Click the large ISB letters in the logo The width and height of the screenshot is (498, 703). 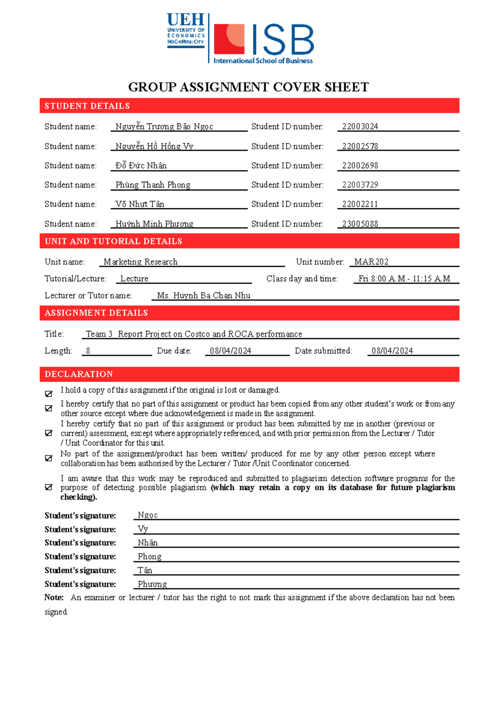tap(283, 40)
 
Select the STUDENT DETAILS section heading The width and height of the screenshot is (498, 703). tap(87, 106)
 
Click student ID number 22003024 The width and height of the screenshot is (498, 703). tap(360, 127)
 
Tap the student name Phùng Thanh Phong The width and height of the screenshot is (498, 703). tap(153, 185)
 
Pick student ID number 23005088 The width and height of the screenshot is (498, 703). tap(360, 224)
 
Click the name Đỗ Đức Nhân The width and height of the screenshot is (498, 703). tap(141, 166)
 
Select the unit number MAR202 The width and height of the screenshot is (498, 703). tap(371, 262)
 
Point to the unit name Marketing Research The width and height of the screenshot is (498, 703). tap(140, 262)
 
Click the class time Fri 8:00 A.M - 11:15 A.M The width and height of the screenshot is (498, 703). tap(404, 279)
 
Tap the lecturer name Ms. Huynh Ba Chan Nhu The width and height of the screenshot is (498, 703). tap(203, 295)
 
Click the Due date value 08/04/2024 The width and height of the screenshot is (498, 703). tap(230, 351)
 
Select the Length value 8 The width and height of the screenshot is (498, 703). tap(88, 351)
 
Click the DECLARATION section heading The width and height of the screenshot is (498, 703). tap(79, 374)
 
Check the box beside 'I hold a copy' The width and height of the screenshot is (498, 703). tap(49, 393)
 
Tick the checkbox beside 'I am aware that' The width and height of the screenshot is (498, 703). tap(49, 487)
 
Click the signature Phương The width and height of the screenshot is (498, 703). tap(152, 584)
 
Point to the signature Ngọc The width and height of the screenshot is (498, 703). tap(148, 515)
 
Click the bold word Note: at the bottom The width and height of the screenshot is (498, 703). tap(54, 598)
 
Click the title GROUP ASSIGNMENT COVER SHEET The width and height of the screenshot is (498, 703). tap(248, 87)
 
